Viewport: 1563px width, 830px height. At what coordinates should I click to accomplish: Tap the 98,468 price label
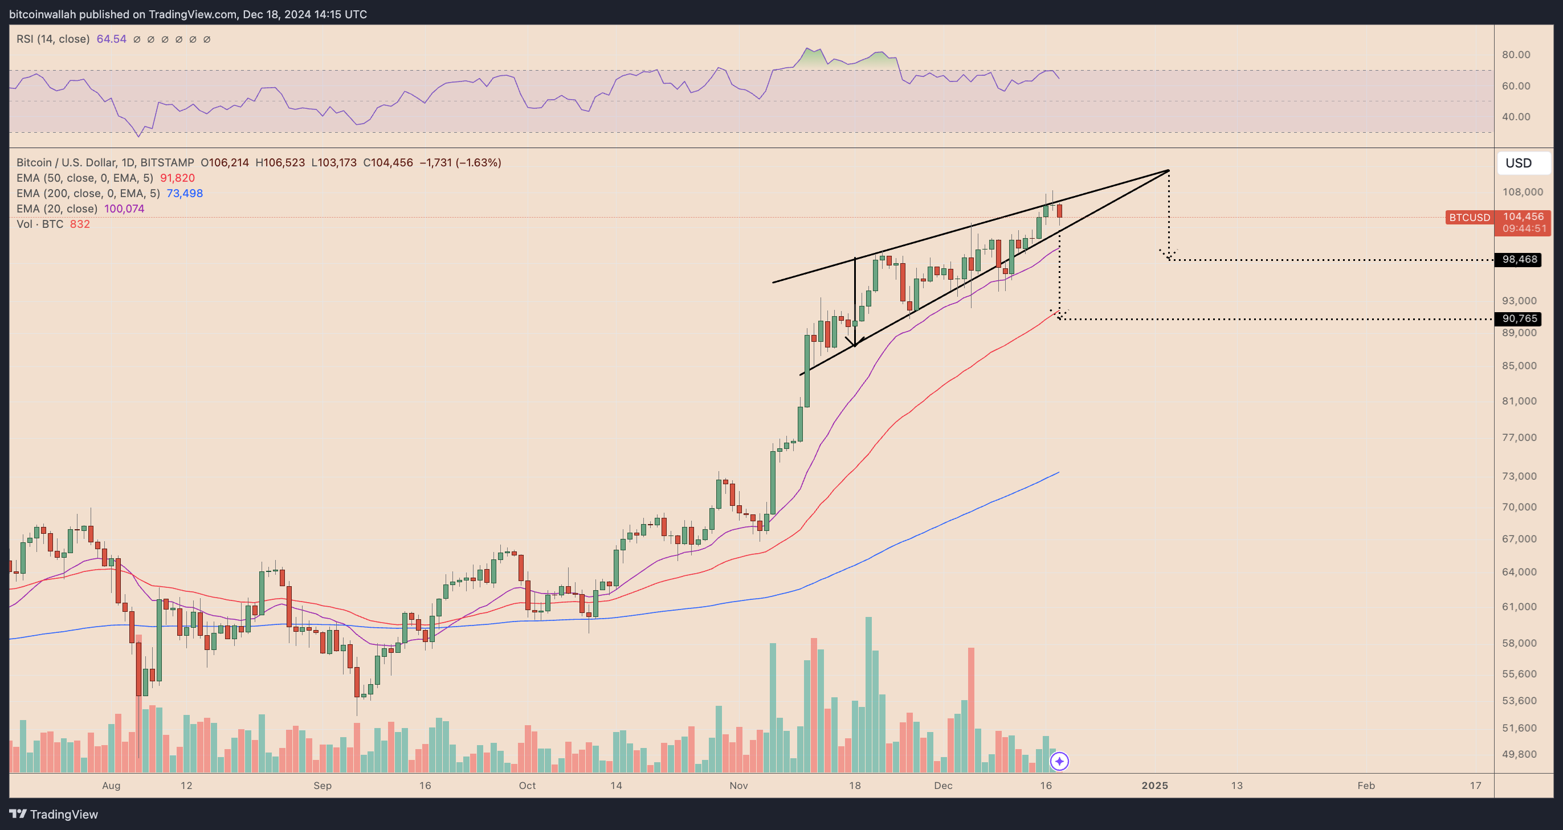click(x=1519, y=260)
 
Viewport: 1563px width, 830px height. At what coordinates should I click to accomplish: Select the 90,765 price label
click(x=1519, y=318)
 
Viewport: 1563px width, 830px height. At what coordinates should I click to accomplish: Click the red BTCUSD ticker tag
click(x=1469, y=217)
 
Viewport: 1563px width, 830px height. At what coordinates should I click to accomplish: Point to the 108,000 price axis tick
click(x=1522, y=192)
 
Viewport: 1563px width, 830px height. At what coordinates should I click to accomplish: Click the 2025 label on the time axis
click(x=1154, y=785)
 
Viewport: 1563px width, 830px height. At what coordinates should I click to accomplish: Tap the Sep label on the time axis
click(x=322, y=785)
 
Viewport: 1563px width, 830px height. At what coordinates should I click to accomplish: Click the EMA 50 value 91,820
click(x=177, y=178)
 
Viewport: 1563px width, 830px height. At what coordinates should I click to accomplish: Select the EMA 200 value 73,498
click(x=185, y=193)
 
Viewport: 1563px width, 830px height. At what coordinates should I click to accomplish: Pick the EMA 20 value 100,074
click(x=124, y=208)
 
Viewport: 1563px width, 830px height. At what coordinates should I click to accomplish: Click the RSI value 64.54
click(x=112, y=39)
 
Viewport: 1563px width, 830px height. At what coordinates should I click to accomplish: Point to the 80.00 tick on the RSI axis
click(x=1515, y=55)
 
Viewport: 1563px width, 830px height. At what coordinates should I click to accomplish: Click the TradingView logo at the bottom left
click(x=54, y=814)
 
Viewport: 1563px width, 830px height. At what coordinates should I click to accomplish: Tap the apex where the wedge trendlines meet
click(x=1169, y=170)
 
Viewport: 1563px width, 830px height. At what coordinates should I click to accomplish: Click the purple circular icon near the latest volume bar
click(x=1059, y=761)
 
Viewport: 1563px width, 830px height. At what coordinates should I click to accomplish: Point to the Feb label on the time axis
click(x=1366, y=785)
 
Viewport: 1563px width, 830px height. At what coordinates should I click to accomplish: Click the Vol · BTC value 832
click(x=79, y=224)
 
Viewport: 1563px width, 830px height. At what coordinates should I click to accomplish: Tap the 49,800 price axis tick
click(x=1519, y=754)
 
